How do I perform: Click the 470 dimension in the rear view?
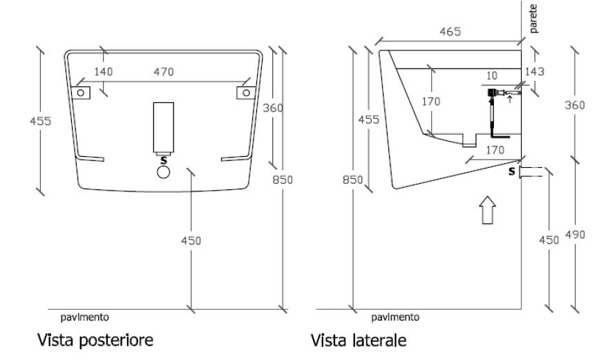pyautogui.click(x=163, y=71)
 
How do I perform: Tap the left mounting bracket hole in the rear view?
pyautogui.click(x=81, y=92)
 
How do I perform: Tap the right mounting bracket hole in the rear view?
pyautogui.click(x=244, y=92)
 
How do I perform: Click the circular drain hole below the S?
pyautogui.click(x=163, y=172)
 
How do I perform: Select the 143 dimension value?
pyautogui.click(x=535, y=71)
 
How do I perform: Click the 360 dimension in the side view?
pyautogui.click(x=574, y=105)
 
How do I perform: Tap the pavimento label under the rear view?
pyautogui.click(x=84, y=317)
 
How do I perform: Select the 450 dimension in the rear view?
pyautogui.click(x=190, y=240)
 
